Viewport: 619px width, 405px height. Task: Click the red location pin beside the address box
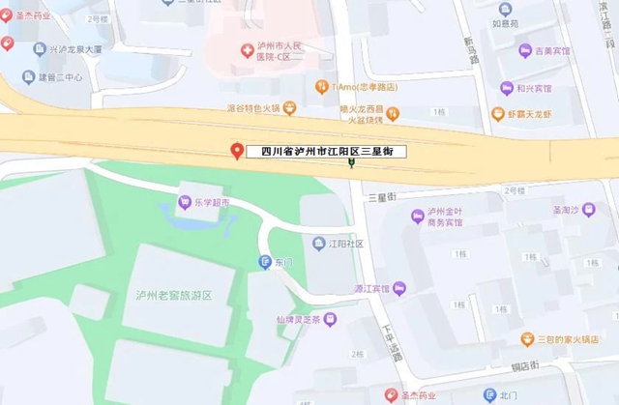point(236,152)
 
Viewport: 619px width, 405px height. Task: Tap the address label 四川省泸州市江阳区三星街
point(326,152)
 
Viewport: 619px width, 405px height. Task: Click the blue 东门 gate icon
point(264,261)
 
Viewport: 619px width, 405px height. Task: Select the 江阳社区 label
point(345,244)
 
